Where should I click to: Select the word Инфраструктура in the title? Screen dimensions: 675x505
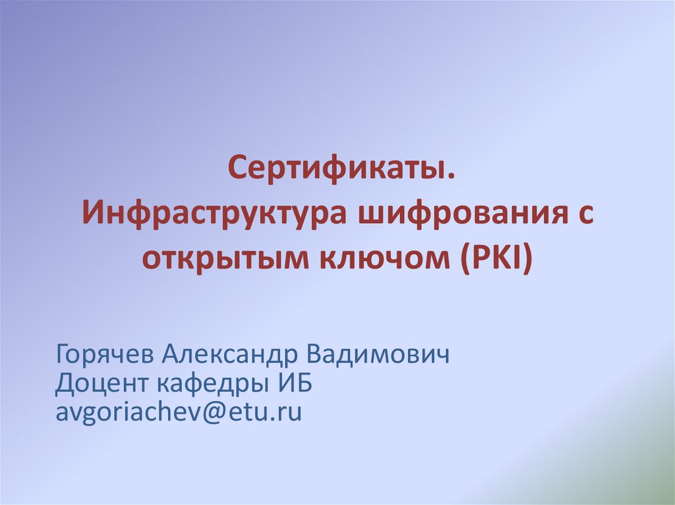point(214,213)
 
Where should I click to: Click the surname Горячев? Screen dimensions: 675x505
point(104,355)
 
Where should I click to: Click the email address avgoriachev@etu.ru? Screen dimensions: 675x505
point(179,412)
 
